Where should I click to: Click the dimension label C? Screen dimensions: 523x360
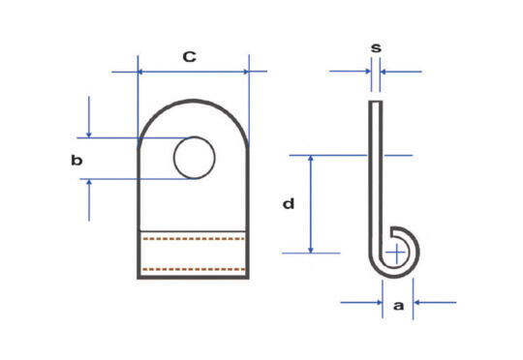click(190, 57)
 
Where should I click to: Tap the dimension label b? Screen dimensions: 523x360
click(77, 161)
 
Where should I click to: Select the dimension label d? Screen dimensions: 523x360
click(289, 203)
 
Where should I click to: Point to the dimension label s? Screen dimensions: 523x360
click(376, 48)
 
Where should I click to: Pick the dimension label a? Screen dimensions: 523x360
click(398, 306)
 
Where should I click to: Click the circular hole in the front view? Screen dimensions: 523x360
click(195, 158)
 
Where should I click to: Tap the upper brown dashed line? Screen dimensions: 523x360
click(194, 239)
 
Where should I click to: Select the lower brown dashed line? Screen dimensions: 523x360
click(194, 269)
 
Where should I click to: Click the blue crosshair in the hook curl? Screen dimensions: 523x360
click(396, 253)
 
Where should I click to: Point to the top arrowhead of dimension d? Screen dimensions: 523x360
click(311, 159)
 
